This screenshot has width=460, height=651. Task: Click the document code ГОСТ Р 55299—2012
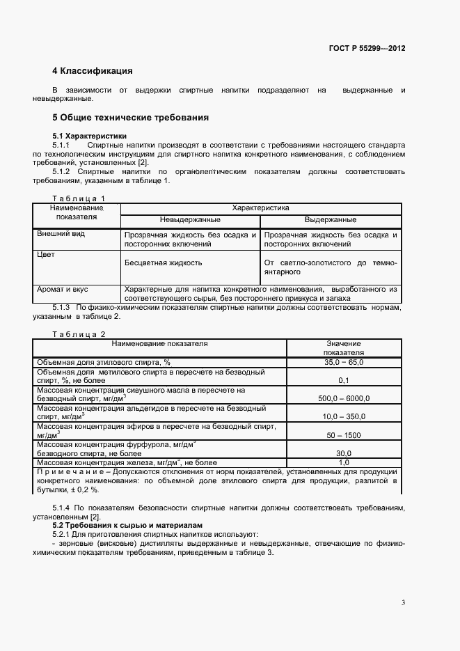tap(367, 49)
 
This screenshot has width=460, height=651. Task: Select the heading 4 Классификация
tap(92, 71)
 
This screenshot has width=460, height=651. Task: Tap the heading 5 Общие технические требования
tap(131, 117)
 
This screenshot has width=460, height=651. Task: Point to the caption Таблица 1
tap(79, 198)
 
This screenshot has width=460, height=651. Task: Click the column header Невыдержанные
tap(190, 220)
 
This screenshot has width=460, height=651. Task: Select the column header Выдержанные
tap(331, 220)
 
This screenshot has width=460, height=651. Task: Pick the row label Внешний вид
tap(61, 234)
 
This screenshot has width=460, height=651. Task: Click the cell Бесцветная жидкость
tap(163, 263)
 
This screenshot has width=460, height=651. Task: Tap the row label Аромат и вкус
tap(63, 288)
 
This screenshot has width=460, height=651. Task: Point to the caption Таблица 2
tap(79, 335)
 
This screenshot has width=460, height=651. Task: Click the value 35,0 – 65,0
tap(343, 362)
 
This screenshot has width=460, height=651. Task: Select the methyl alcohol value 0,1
tap(343, 381)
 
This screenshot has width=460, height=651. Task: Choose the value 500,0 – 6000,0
tap(343, 398)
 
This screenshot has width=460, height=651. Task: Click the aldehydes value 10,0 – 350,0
tap(343, 416)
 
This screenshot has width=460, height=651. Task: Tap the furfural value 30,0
tap(343, 453)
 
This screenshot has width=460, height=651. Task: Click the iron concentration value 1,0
tap(343, 462)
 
